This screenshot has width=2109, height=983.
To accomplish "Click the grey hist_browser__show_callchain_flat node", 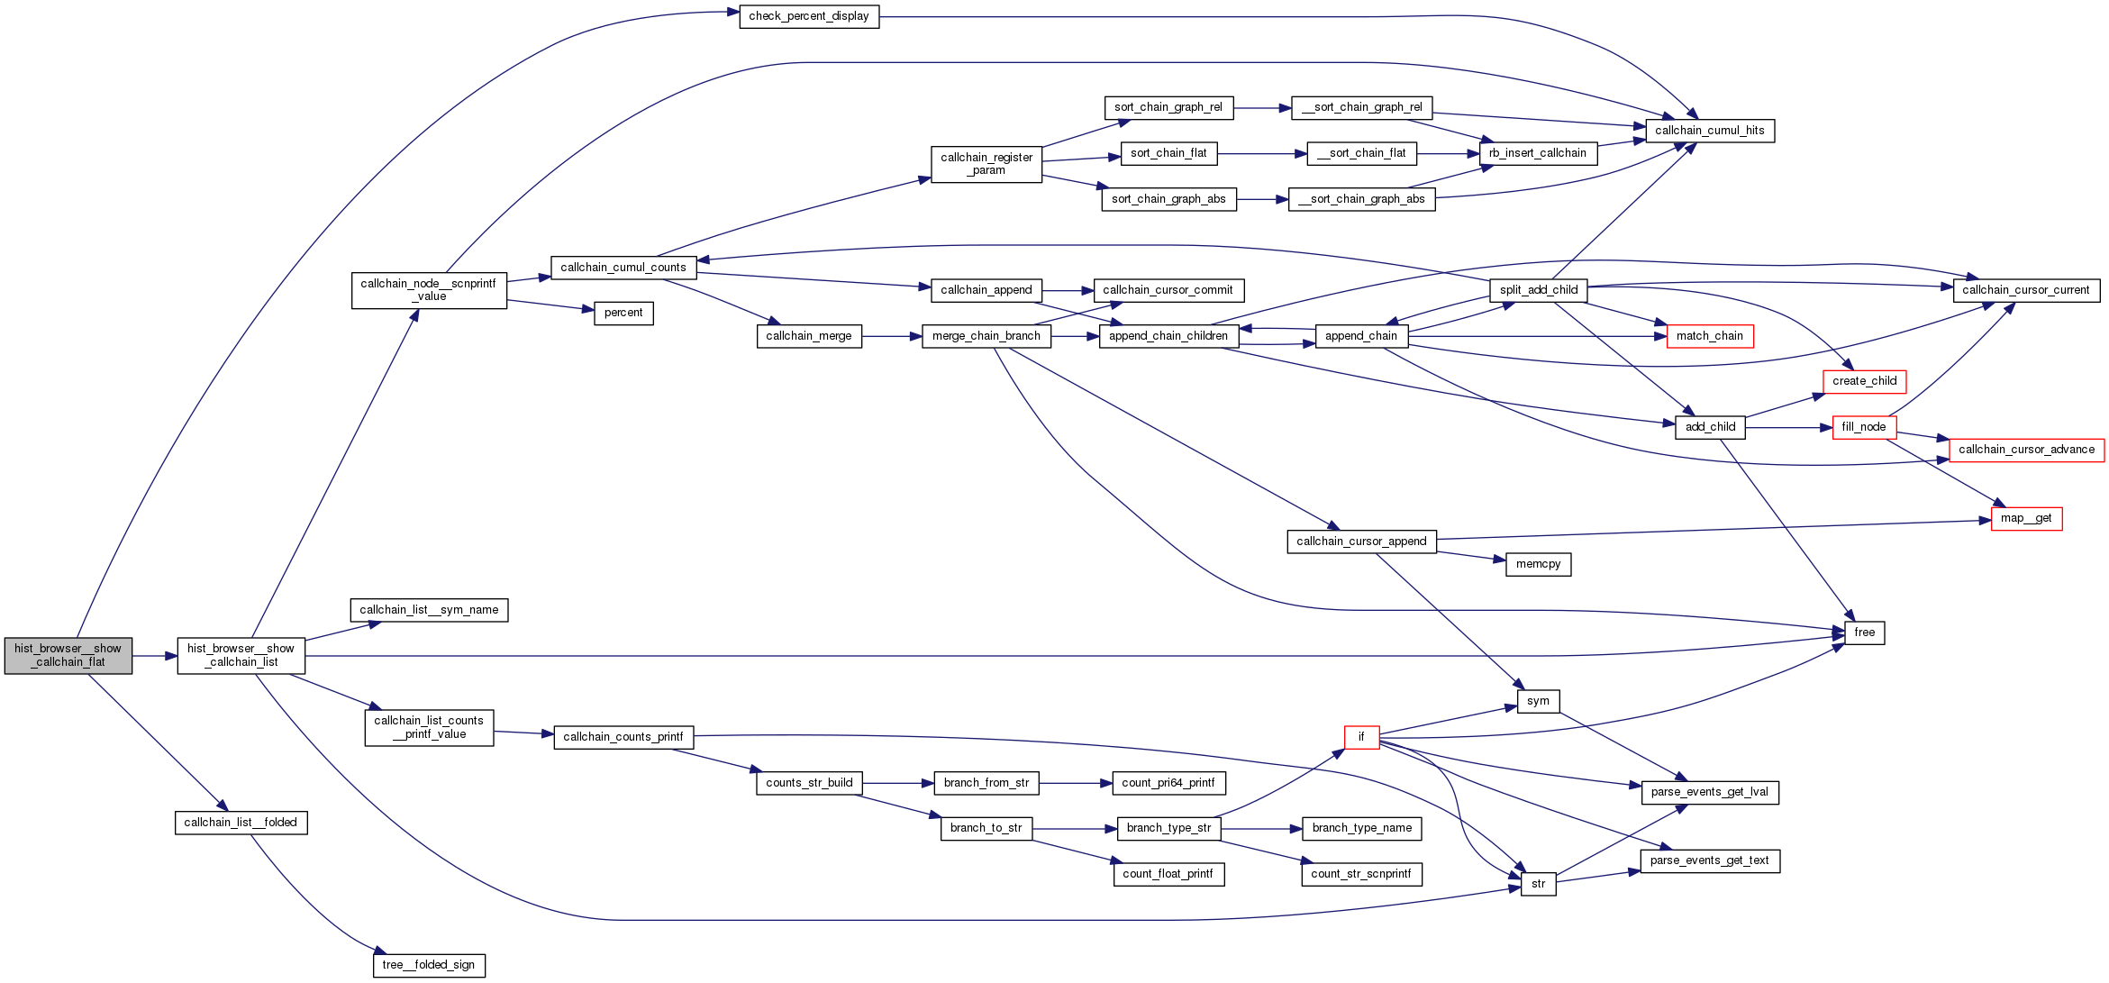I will [x=68, y=655].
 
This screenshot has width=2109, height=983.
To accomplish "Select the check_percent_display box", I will [x=808, y=16].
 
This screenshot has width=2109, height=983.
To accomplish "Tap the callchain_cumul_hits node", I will [x=1709, y=131].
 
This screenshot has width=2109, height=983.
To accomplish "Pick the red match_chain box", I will [x=1709, y=336].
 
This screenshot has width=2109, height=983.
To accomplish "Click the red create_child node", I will [x=1864, y=381].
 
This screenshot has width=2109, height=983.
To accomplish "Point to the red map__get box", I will [x=2025, y=518].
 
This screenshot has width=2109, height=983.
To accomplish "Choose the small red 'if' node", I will [x=1360, y=737].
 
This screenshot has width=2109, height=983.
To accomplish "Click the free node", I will [x=1864, y=633].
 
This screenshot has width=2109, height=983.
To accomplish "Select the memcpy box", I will [x=1538, y=564].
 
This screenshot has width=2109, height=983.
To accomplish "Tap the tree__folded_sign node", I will [x=429, y=965].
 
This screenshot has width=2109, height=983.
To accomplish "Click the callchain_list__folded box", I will [x=241, y=823].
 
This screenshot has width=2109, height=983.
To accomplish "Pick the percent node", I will [x=623, y=313].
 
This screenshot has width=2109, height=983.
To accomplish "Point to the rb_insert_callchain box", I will [x=1537, y=153].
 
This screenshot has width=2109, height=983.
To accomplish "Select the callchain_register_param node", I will [x=986, y=164].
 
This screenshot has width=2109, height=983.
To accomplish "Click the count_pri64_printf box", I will [x=1168, y=783].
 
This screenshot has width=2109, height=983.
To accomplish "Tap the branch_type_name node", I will [x=1361, y=828].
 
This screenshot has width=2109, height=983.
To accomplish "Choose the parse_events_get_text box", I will [x=1709, y=860].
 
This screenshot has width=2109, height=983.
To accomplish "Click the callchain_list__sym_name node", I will [x=429, y=610].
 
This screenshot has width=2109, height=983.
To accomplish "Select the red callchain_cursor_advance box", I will [x=2026, y=450].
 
